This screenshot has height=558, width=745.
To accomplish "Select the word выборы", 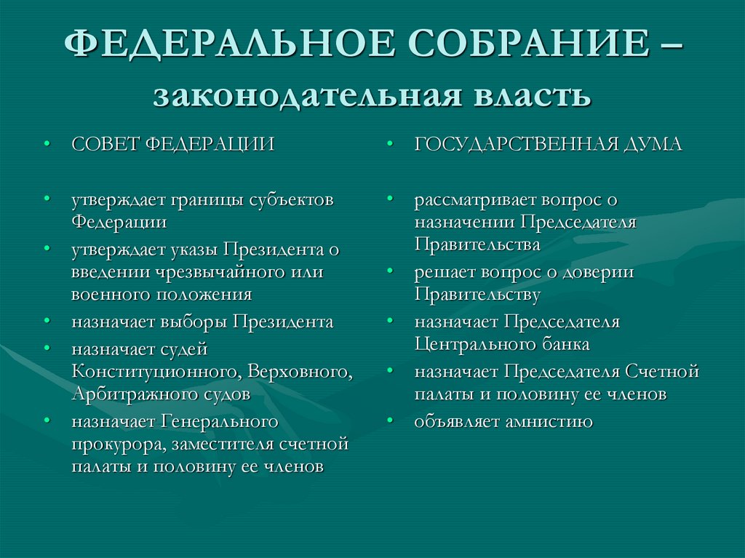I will (192, 322).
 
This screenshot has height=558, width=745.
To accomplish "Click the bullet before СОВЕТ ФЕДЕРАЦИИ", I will (47, 144).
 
